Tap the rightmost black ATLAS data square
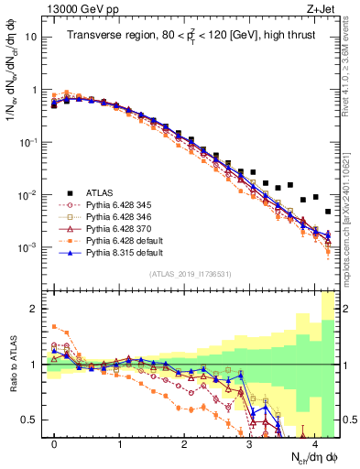[x=327, y=212]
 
